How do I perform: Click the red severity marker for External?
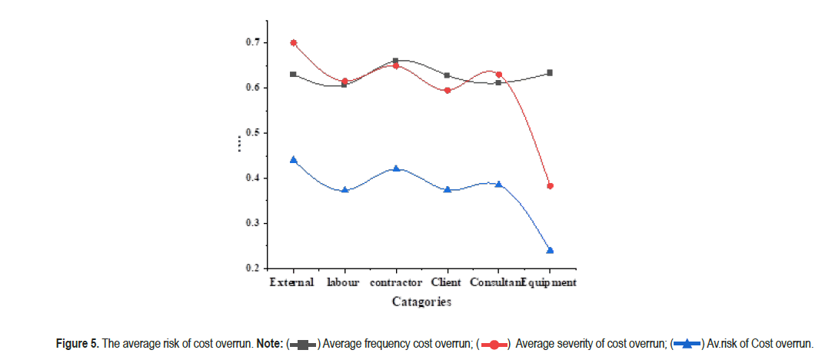point(293,43)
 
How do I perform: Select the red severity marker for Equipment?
point(550,186)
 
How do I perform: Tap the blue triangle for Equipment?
point(550,250)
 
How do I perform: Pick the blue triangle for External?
point(293,160)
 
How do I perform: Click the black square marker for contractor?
point(395,61)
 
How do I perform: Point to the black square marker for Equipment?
point(550,73)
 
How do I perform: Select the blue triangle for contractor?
point(395,168)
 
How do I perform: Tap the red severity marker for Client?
point(447,91)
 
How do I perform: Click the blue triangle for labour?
point(344,189)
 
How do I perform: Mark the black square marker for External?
point(293,74)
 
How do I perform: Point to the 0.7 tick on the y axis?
point(267,42)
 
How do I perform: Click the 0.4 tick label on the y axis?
point(253,178)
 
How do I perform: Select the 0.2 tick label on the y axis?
point(253,268)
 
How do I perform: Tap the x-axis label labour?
point(343,282)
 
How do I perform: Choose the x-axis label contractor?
point(395,282)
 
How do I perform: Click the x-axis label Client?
point(447,282)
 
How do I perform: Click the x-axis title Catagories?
point(421,302)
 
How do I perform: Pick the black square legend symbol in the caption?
point(304,344)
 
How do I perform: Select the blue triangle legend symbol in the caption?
point(687,344)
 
